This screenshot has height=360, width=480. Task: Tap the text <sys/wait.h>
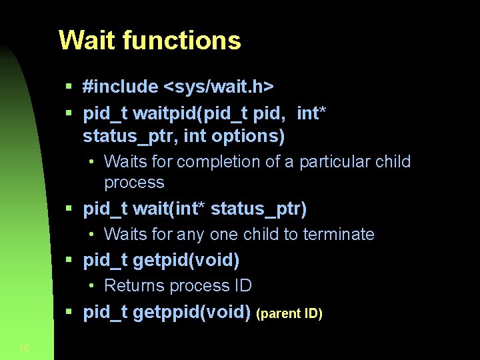219,87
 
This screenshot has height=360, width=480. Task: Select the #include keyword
121,87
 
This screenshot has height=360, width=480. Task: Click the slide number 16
24,348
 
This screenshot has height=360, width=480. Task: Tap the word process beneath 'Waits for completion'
134,183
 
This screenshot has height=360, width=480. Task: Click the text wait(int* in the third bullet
169,209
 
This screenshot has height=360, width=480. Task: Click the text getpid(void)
186,260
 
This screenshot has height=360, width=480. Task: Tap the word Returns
133,286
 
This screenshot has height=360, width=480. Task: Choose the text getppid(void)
191,312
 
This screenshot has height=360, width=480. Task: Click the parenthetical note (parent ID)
290,313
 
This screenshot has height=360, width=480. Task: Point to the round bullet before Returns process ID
91,286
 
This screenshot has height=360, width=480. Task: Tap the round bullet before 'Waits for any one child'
91,235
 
